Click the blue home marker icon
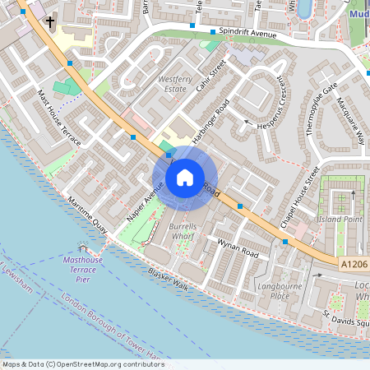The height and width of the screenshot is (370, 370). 185,178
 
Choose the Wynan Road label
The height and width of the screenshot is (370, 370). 238,249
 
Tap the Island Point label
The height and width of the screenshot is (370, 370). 342,219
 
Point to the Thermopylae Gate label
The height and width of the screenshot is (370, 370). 321,111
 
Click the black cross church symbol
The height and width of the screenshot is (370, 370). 50,23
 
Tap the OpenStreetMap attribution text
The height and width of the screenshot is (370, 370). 82,363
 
